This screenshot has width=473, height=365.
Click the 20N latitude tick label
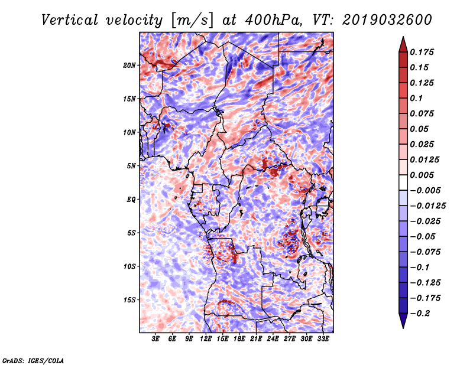click(130, 65)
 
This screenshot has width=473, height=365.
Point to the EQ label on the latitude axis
click(131, 200)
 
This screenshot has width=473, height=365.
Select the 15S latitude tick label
click(130, 300)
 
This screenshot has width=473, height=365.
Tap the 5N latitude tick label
click(131, 166)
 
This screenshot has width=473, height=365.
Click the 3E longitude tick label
click(156, 339)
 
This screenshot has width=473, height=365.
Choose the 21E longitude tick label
click(256, 339)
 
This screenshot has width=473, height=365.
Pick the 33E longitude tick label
click(323, 339)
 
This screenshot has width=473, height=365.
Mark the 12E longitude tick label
click(206, 339)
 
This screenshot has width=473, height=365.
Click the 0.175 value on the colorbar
click(424, 52)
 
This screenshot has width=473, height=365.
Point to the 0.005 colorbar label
click(424, 175)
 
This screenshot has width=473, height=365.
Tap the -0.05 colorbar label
click(423, 236)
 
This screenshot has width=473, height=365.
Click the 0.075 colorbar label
click(424, 113)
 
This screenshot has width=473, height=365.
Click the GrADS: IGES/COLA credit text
click(33, 360)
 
